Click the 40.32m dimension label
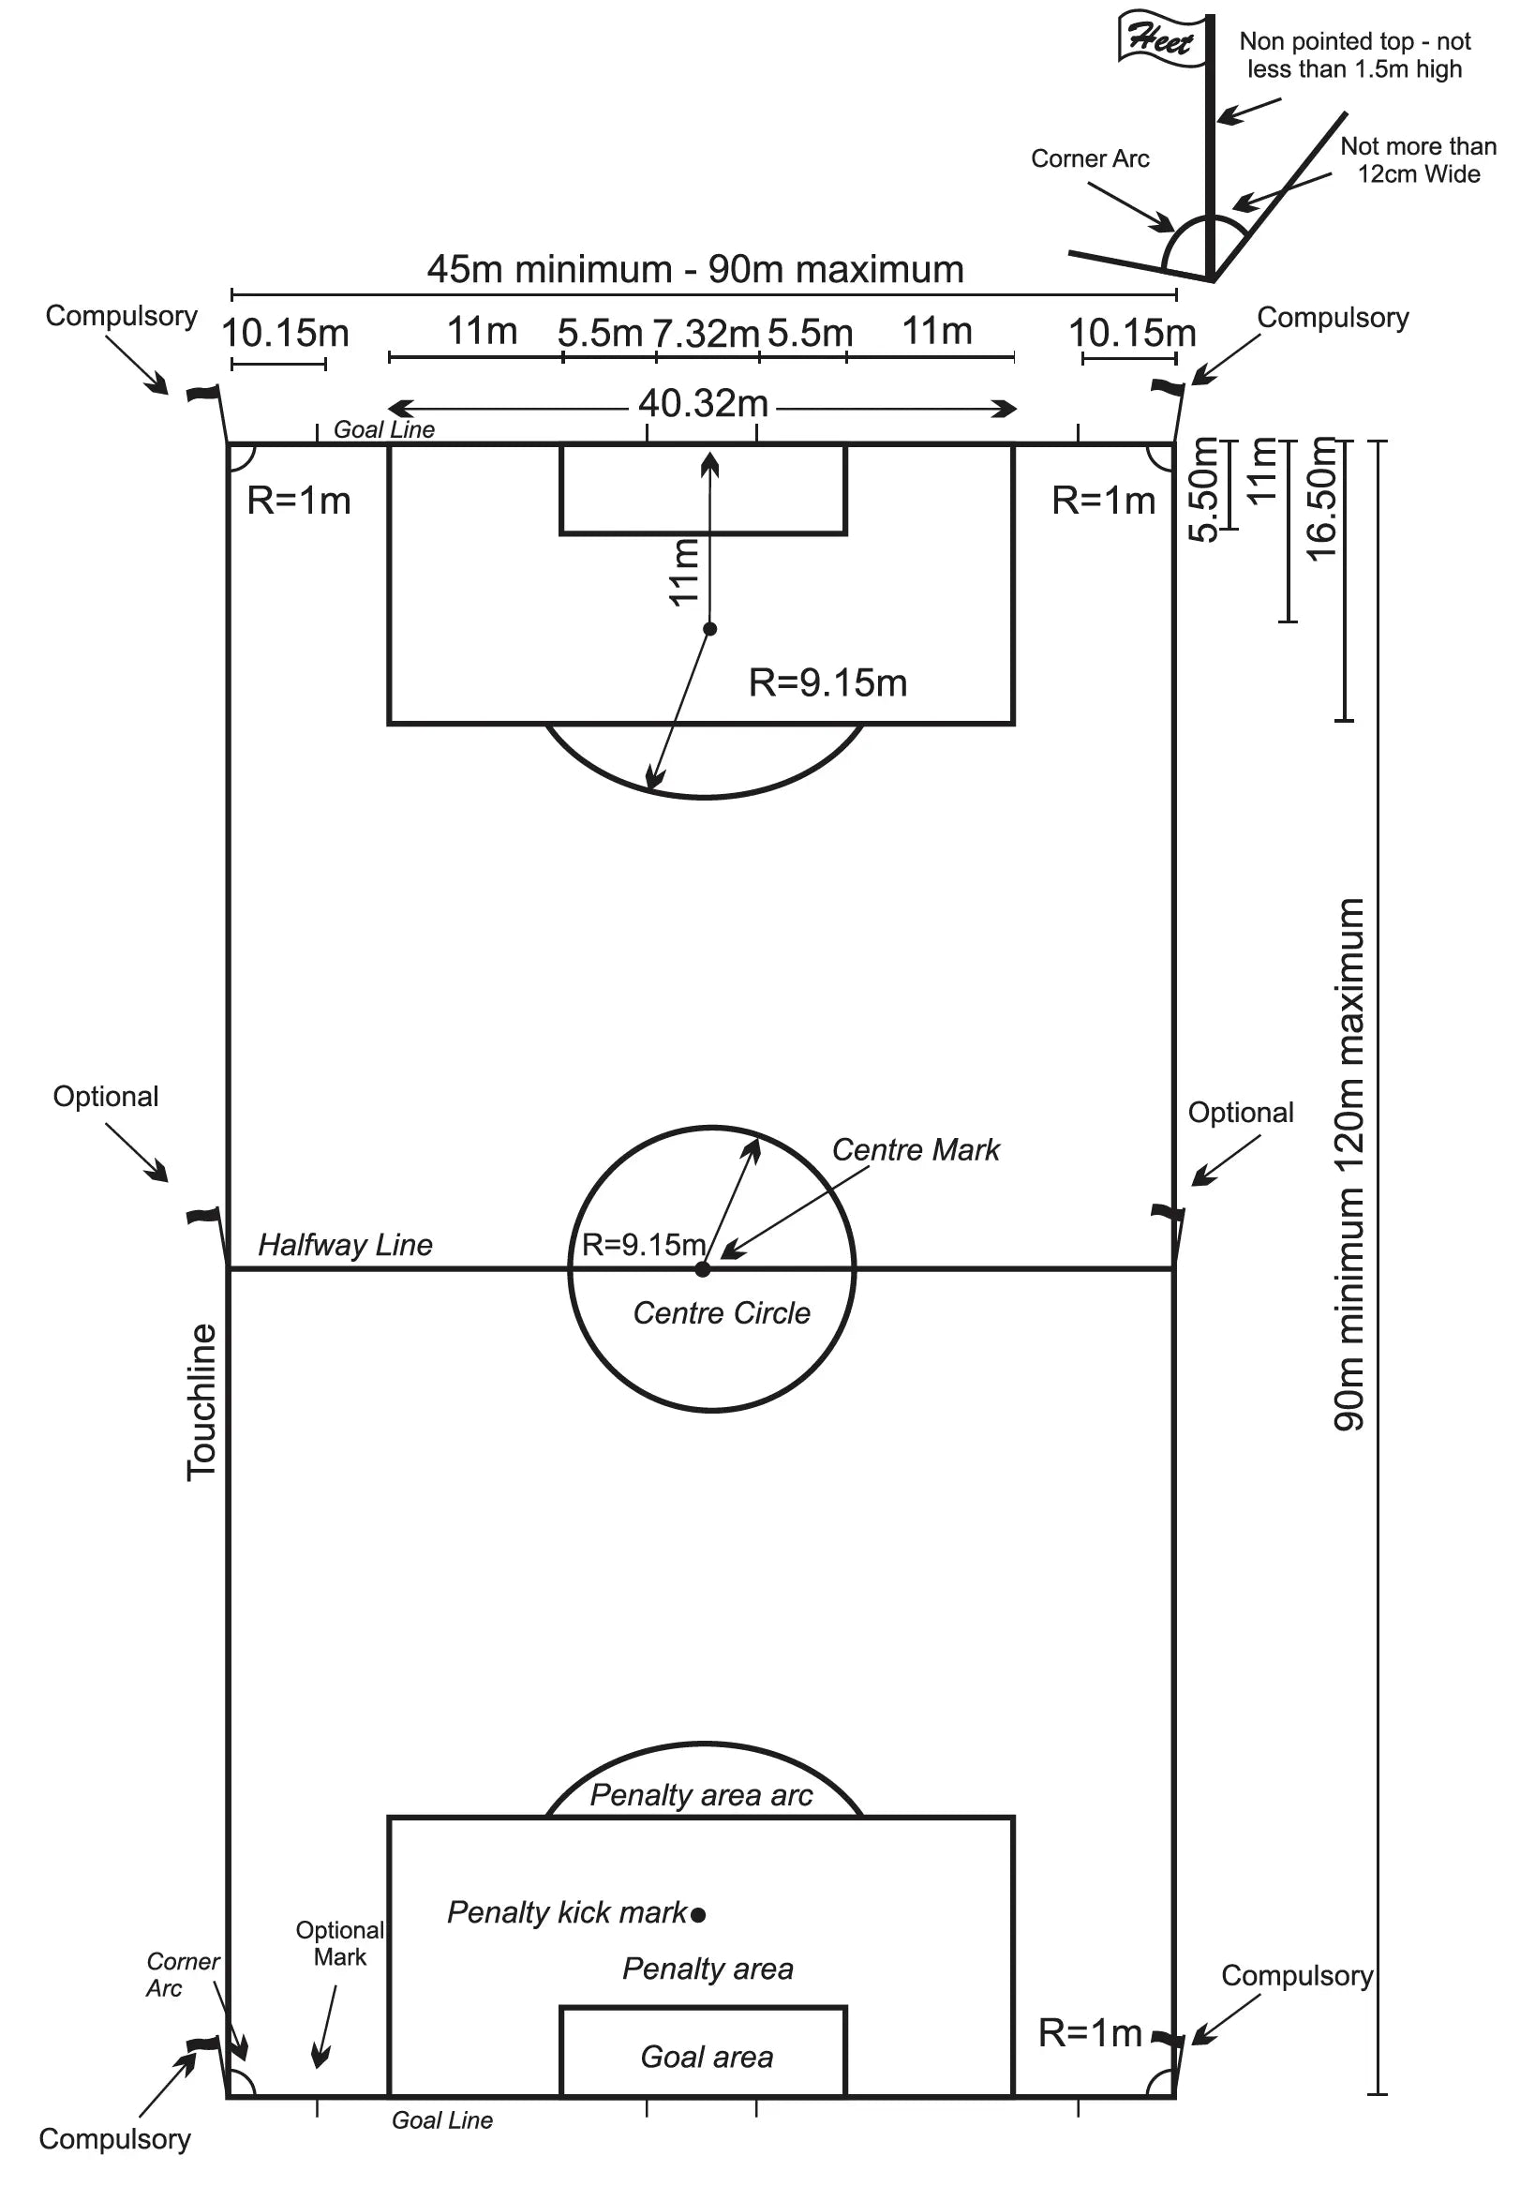(x=703, y=405)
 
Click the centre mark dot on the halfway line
(x=703, y=1269)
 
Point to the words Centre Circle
(x=722, y=1313)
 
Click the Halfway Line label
(x=346, y=1246)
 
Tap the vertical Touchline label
(x=201, y=1401)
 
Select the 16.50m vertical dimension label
(x=1323, y=499)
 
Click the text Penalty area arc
(x=701, y=1795)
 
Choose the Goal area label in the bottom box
(x=707, y=2057)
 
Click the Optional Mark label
(x=340, y=1943)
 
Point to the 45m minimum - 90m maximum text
(x=694, y=270)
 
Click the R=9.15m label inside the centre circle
(x=643, y=1244)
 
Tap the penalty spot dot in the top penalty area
(x=709, y=629)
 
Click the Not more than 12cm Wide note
(x=1418, y=160)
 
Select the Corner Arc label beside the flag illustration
(x=1090, y=159)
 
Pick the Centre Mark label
(x=916, y=1150)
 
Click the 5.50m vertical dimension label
(x=1204, y=489)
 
